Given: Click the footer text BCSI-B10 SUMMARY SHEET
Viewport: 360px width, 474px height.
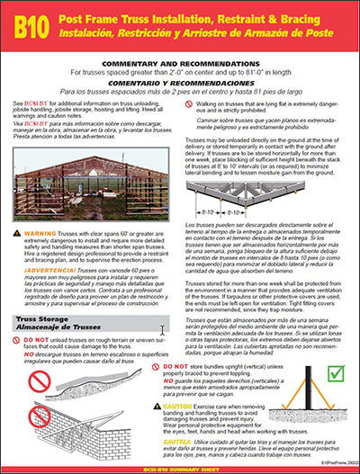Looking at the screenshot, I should (180, 467).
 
